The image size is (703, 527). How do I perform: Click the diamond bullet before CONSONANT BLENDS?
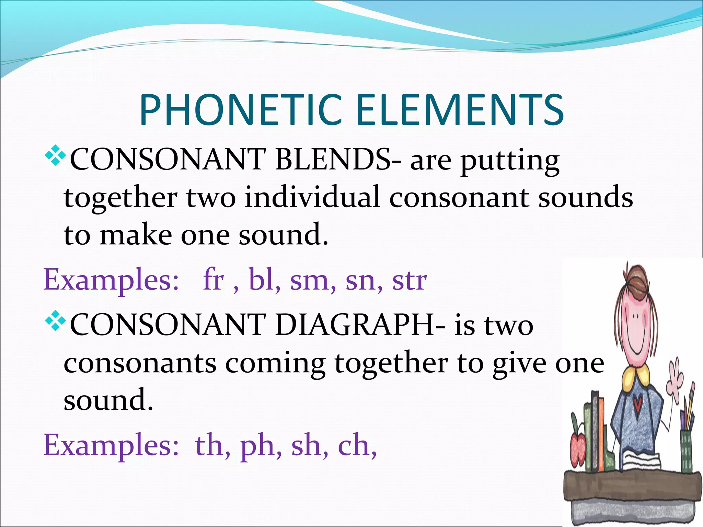(x=55, y=156)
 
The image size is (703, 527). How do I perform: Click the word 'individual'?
(x=312, y=197)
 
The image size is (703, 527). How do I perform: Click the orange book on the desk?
(x=600, y=436)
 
